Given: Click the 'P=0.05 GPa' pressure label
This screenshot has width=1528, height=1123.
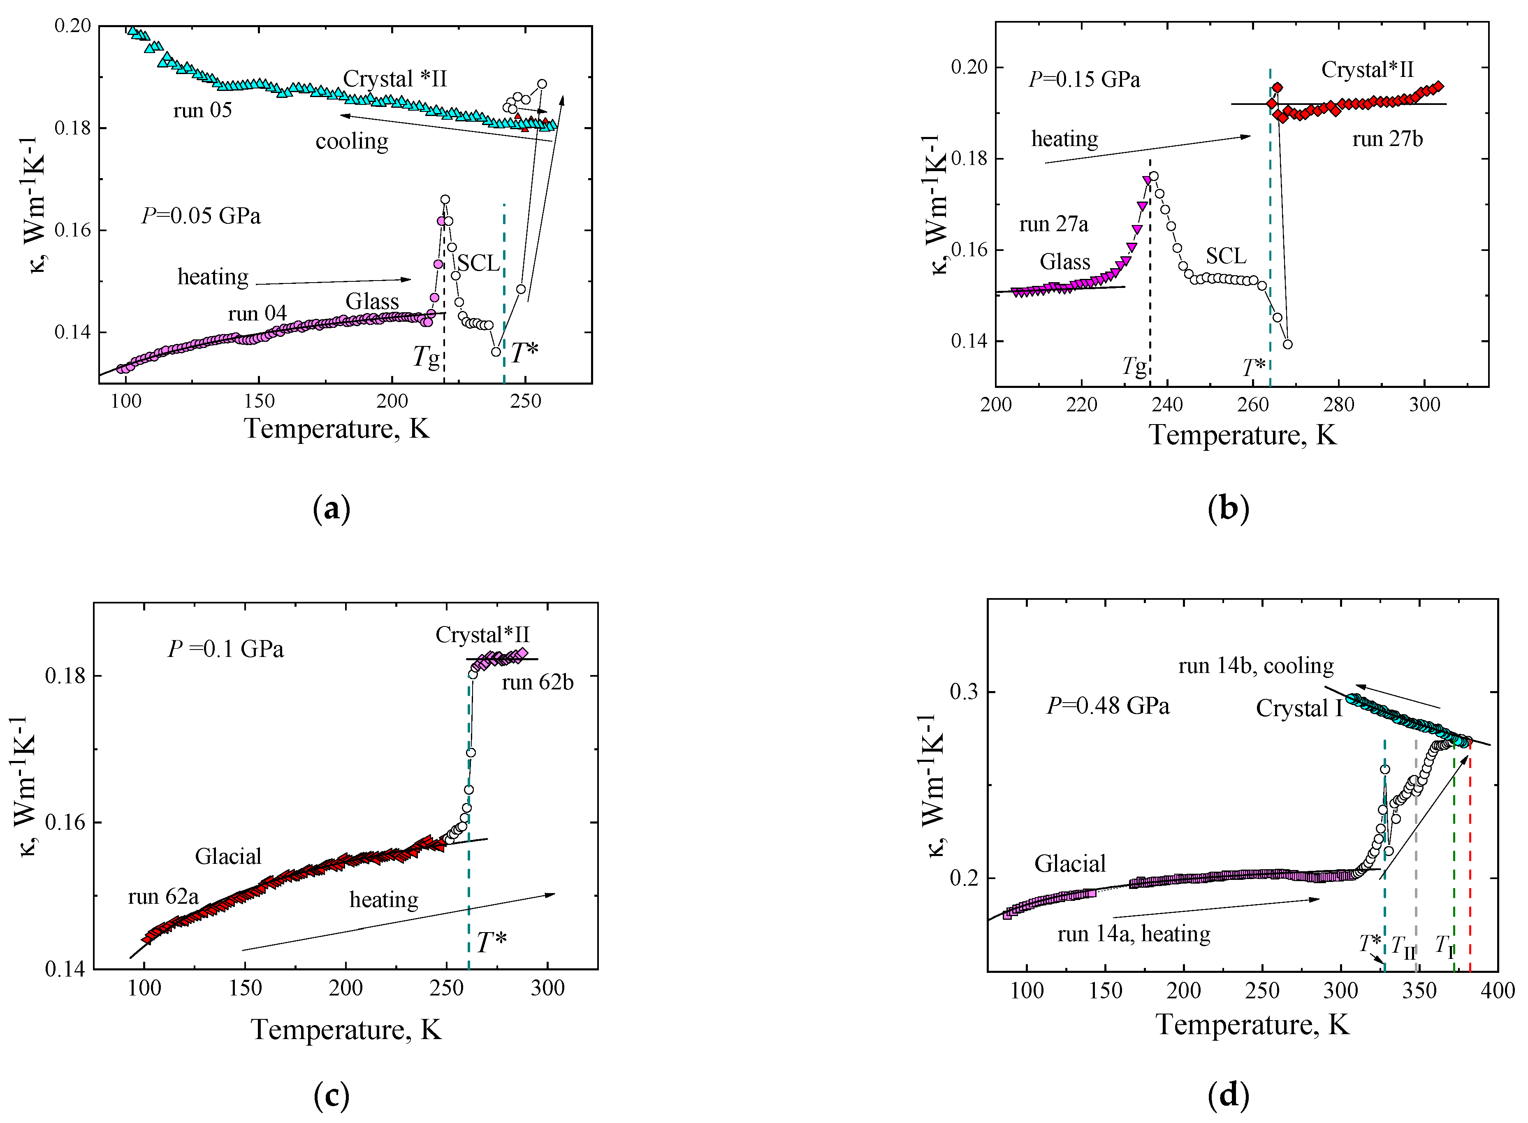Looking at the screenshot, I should (201, 216).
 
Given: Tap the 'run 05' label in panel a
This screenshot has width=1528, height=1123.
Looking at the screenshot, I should (202, 110).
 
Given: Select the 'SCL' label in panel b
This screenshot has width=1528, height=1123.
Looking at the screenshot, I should (1226, 256).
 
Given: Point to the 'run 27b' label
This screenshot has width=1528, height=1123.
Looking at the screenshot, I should (1387, 139).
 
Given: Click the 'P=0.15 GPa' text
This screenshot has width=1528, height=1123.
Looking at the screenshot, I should (1084, 79).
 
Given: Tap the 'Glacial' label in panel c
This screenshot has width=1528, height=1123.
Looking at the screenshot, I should (228, 856).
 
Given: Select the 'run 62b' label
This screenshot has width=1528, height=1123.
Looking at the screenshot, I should (538, 682).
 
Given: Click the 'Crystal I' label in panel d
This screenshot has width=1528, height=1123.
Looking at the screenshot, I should (1299, 708).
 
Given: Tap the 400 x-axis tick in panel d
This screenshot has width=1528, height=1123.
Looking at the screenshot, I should (1498, 991).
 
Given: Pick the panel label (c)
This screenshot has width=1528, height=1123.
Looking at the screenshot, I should (332, 1096).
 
